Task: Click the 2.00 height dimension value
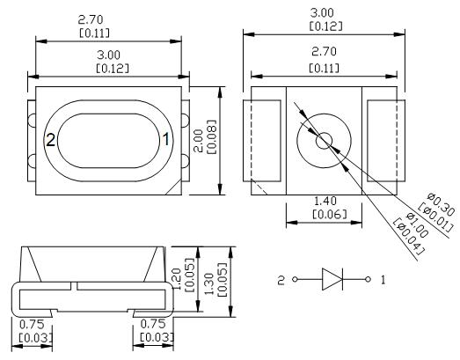point(199,141)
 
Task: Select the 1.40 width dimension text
point(325,202)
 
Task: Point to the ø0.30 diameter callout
point(441,204)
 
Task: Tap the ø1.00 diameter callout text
point(417,225)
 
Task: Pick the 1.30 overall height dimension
point(209,284)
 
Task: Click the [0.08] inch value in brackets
point(212,136)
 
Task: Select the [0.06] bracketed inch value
point(330,215)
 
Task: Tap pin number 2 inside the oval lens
point(51,140)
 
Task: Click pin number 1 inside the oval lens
point(166,139)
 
